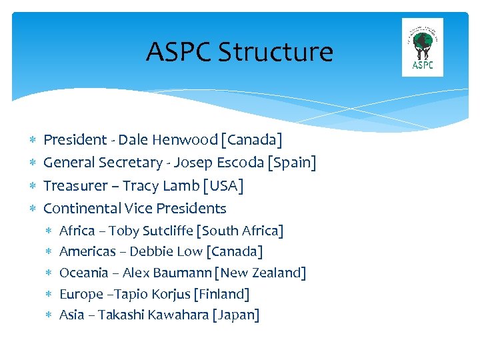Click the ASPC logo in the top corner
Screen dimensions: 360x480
click(x=423, y=47)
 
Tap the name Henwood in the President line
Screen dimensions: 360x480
click(x=185, y=140)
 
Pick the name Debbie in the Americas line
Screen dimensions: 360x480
click(x=149, y=252)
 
